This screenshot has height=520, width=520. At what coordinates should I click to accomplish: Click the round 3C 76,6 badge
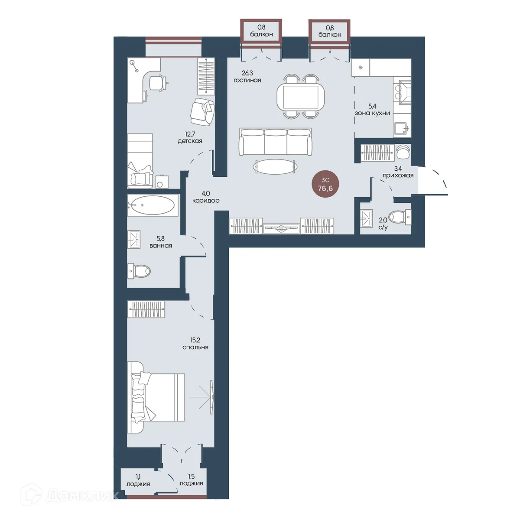[325, 184]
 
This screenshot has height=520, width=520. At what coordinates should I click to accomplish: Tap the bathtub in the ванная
[153, 205]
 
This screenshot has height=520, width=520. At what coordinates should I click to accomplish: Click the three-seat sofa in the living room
[275, 142]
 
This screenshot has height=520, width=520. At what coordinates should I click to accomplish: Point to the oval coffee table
[275, 166]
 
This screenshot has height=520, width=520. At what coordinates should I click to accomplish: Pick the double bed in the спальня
[156, 397]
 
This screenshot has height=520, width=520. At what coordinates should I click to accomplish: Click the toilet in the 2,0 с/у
[401, 217]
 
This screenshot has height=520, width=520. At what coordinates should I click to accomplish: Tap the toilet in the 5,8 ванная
[139, 271]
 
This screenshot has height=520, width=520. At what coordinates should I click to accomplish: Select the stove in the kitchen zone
[402, 92]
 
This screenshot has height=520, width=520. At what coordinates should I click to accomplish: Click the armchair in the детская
[202, 112]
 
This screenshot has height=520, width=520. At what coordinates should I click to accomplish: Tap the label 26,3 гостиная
[247, 76]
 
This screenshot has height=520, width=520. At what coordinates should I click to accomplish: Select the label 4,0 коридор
[206, 197]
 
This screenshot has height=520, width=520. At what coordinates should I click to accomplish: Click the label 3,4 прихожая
[398, 172]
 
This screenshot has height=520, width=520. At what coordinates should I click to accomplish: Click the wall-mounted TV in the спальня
[212, 397]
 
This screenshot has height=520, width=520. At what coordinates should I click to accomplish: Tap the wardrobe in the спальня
[146, 309]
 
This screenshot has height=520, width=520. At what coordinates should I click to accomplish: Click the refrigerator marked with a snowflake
[361, 68]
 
